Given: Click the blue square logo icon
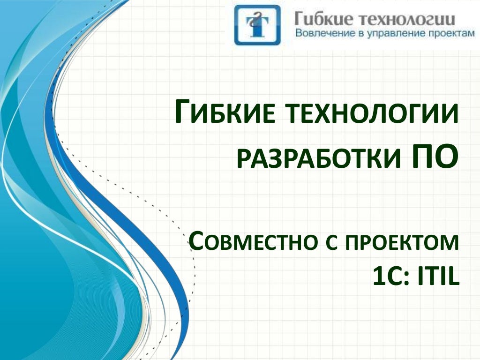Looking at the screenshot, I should coord(257,25).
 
